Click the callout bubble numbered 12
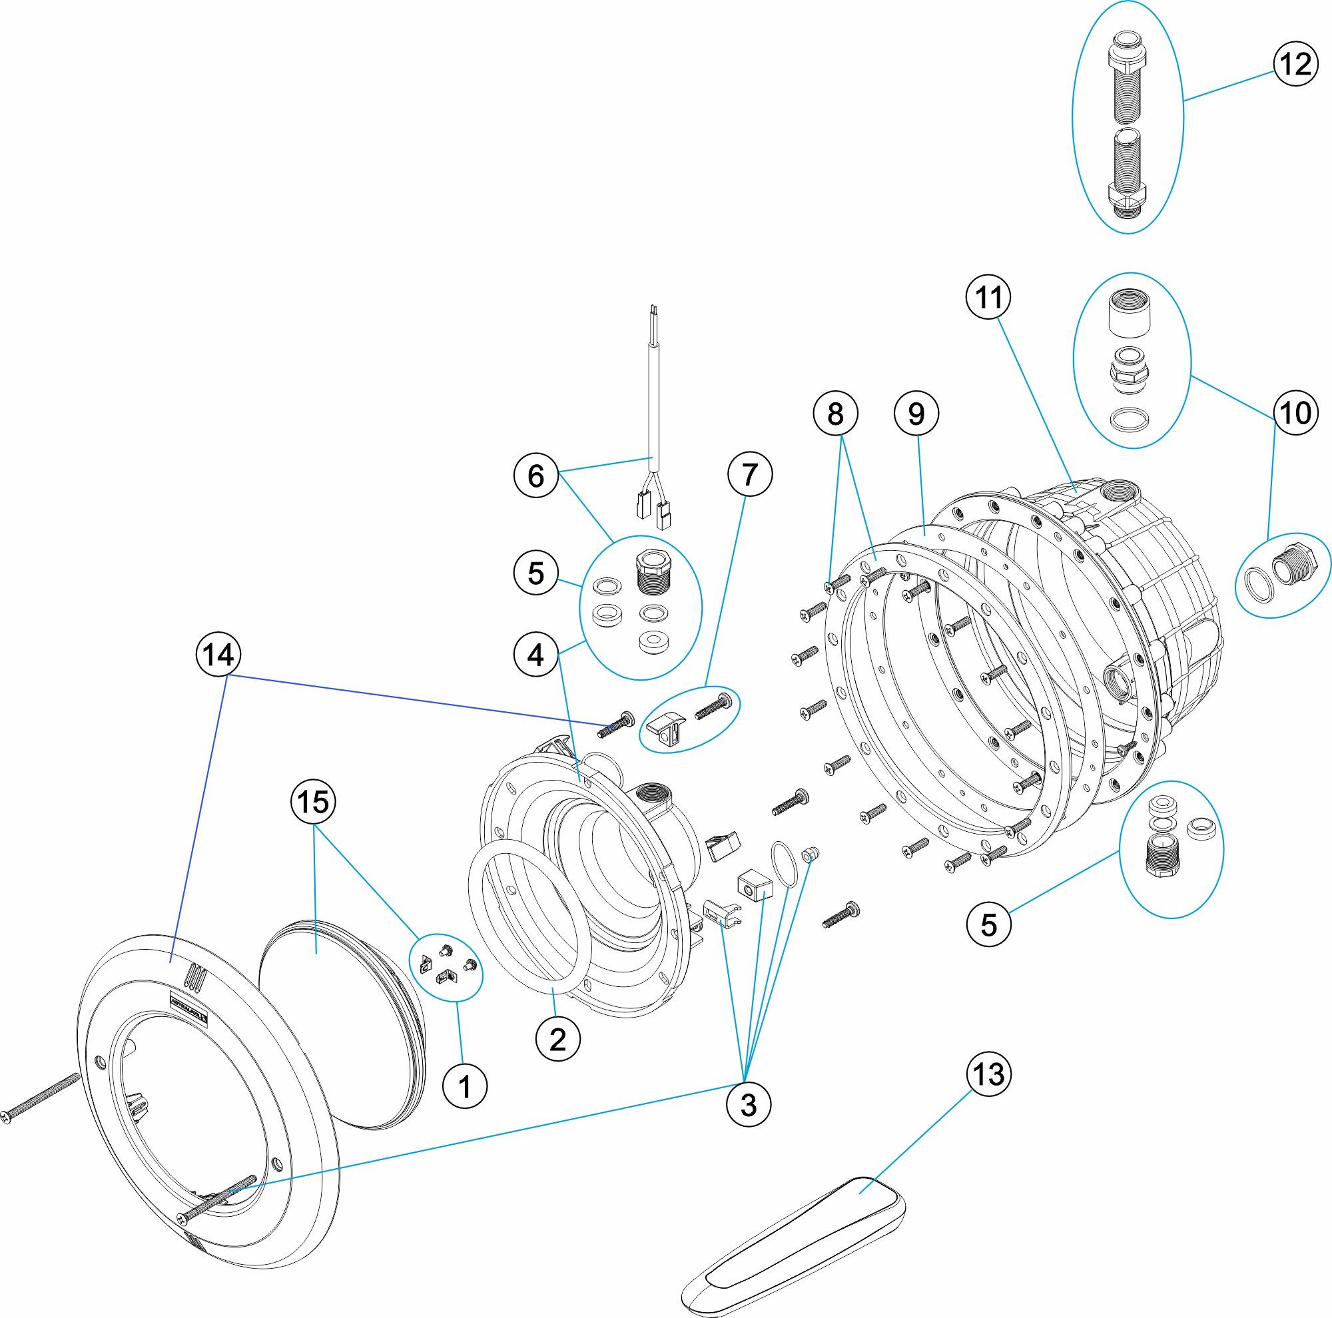[1294, 65]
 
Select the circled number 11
[988, 298]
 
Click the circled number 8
[835, 414]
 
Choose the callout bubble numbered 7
[750, 474]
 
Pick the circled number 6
[536, 476]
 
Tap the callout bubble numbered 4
[536, 655]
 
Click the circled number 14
[219, 655]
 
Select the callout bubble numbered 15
[313, 802]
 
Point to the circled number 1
[466, 1087]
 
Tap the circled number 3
[748, 1105]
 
